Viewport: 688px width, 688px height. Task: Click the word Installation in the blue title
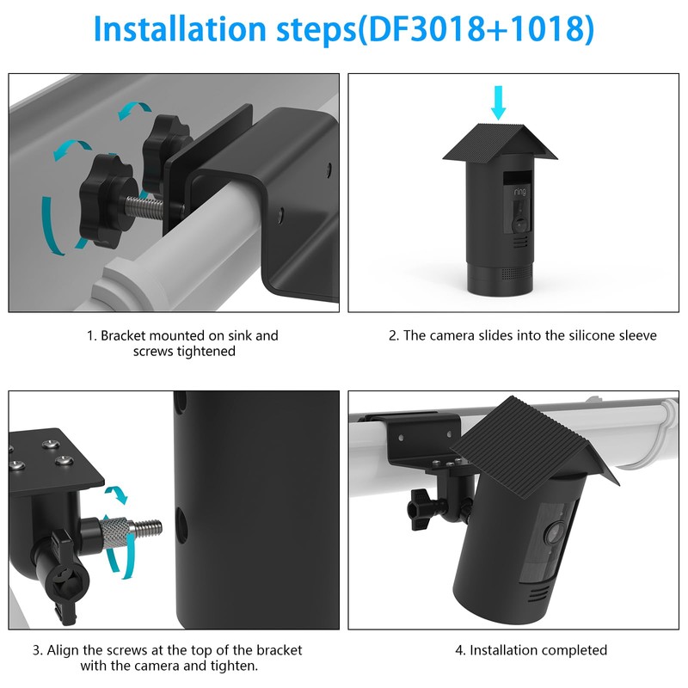(x=180, y=29)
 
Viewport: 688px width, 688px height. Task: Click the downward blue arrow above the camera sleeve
(x=498, y=102)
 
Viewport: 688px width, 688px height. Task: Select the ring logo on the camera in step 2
(x=519, y=191)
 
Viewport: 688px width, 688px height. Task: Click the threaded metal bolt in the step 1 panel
(x=144, y=206)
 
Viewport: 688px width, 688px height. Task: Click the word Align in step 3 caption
(x=62, y=651)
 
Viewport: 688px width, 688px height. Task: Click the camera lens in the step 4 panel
(x=555, y=533)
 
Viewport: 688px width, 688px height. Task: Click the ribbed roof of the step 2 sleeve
(x=500, y=141)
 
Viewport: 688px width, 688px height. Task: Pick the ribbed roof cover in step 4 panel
(x=535, y=447)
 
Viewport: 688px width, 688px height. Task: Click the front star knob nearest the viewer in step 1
(x=105, y=200)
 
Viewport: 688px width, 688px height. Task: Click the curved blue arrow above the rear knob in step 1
(x=134, y=110)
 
